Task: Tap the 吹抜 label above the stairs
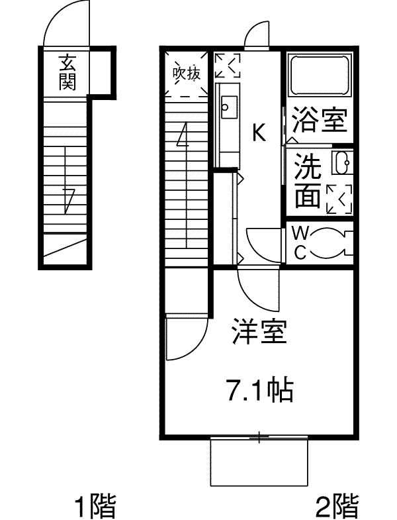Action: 187,74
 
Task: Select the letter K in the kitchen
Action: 259,134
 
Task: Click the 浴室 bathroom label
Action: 320,121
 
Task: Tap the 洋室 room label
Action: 259,331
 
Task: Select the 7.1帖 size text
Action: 260,391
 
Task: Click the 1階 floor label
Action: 94,507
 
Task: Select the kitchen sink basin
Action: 229,105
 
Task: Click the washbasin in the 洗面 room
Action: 342,163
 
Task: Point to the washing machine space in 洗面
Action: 339,198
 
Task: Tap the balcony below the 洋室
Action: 259,462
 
